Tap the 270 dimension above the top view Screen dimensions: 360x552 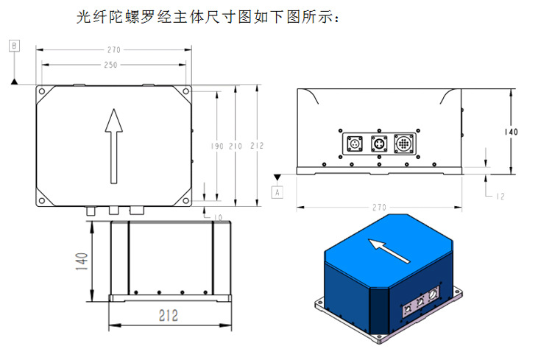point(113,50)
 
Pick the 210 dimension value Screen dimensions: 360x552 point(236,147)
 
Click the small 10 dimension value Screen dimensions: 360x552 point(218,216)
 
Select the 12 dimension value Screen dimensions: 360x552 point(500,195)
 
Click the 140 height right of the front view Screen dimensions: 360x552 point(511,132)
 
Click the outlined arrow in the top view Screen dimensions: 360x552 point(113,146)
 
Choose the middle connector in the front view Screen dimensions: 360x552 point(378,144)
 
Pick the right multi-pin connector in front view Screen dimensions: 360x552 point(405,144)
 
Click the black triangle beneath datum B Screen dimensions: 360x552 point(15,82)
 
